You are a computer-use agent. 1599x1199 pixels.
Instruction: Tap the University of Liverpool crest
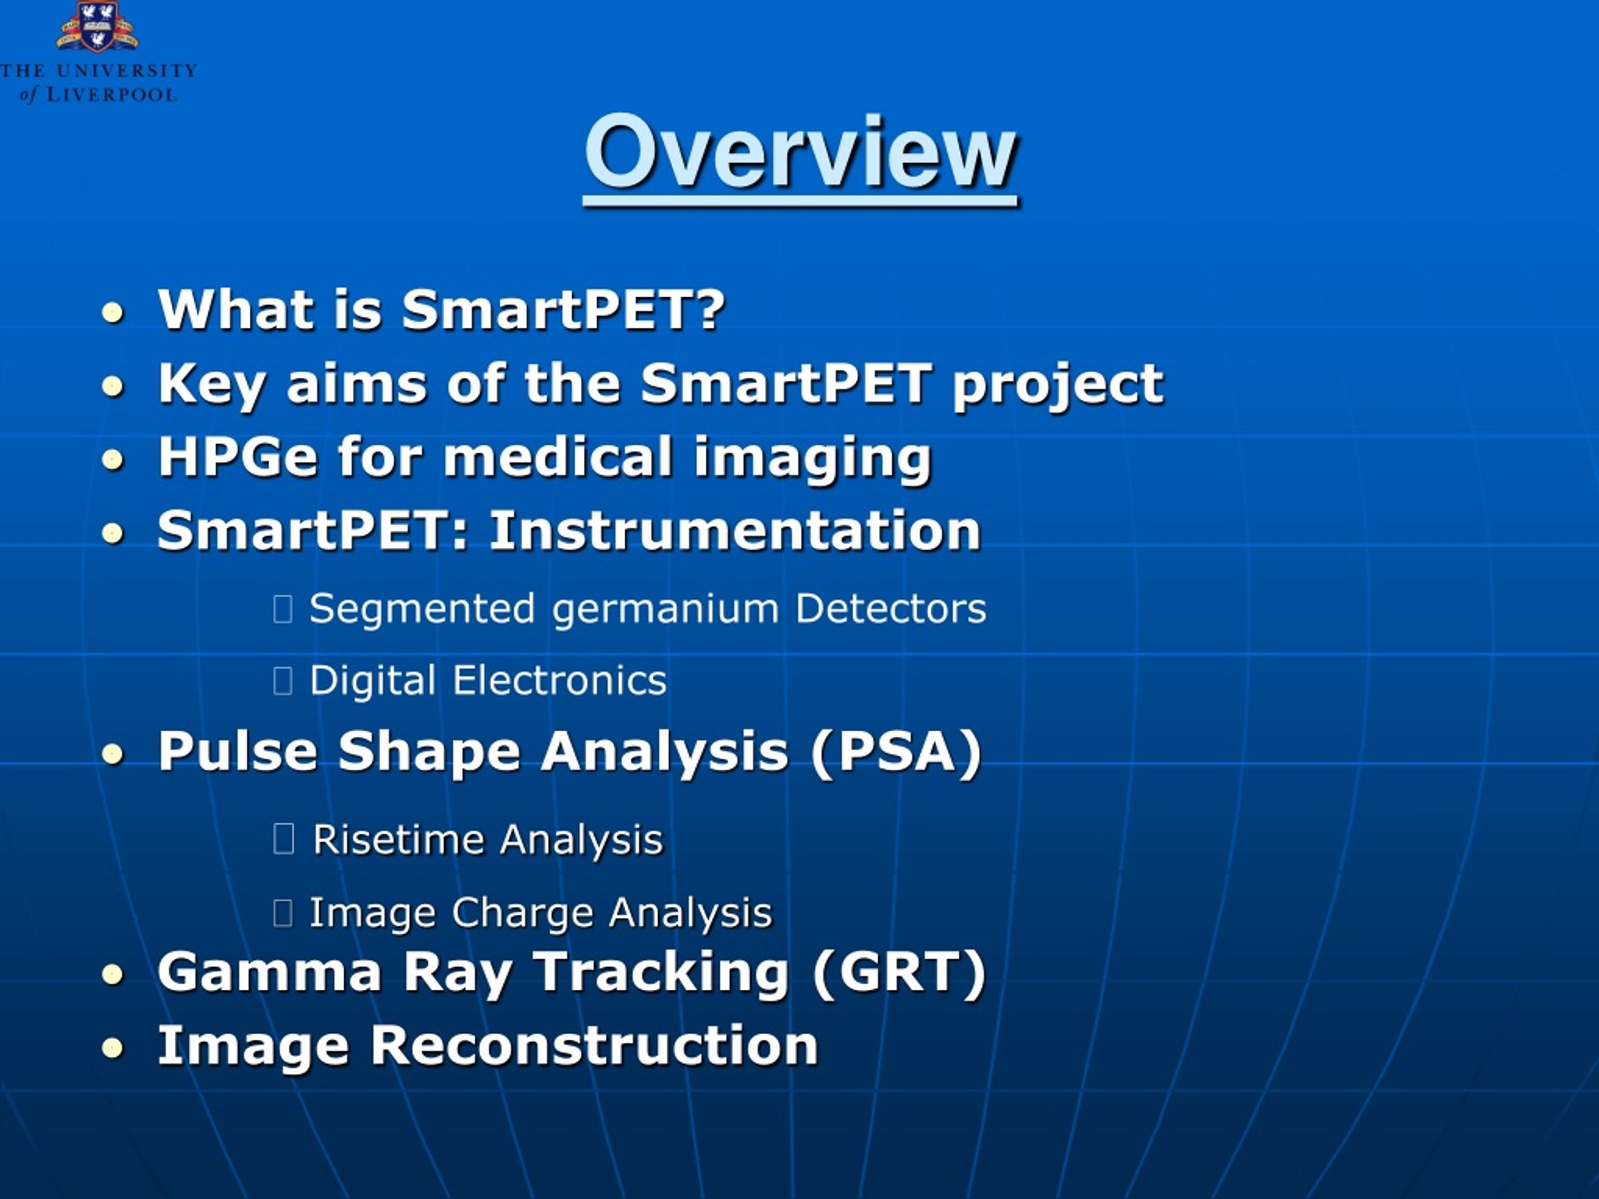(97, 27)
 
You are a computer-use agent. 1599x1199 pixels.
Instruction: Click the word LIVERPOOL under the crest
(112, 95)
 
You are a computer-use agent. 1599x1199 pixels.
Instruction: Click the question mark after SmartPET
(711, 309)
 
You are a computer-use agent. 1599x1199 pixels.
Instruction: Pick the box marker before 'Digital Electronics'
(283, 681)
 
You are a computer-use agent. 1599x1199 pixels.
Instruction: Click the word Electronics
(560, 681)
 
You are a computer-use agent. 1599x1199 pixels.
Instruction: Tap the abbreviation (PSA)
(896, 752)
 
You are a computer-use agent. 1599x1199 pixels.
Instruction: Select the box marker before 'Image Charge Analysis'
(283, 914)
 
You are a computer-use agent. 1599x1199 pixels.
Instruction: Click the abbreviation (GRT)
(899, 973)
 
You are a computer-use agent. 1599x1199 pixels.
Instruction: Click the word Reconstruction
(594, 1046)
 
